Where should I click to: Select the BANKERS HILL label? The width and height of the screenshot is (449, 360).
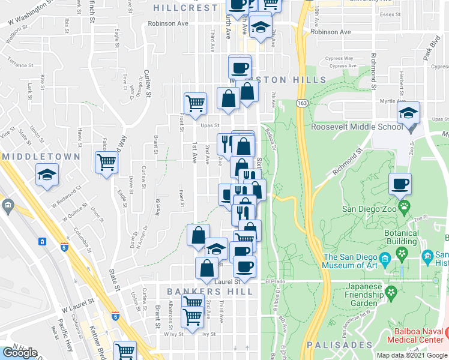coord(209,291)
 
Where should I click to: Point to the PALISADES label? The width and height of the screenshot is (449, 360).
coord(340,345)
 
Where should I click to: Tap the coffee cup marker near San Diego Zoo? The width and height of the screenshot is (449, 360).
coord(400,184)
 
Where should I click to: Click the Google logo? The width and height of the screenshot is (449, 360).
coord(19,353)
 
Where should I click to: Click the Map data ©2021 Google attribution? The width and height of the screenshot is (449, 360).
coord(411,355)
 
